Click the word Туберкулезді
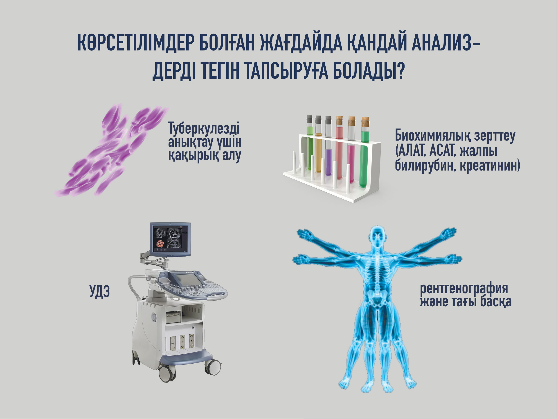(204, 129)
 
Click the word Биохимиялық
(433, 136)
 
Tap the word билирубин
(425, 166)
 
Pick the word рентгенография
(464, 288)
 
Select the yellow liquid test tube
(318, 144)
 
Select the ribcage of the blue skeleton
(378, 271)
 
